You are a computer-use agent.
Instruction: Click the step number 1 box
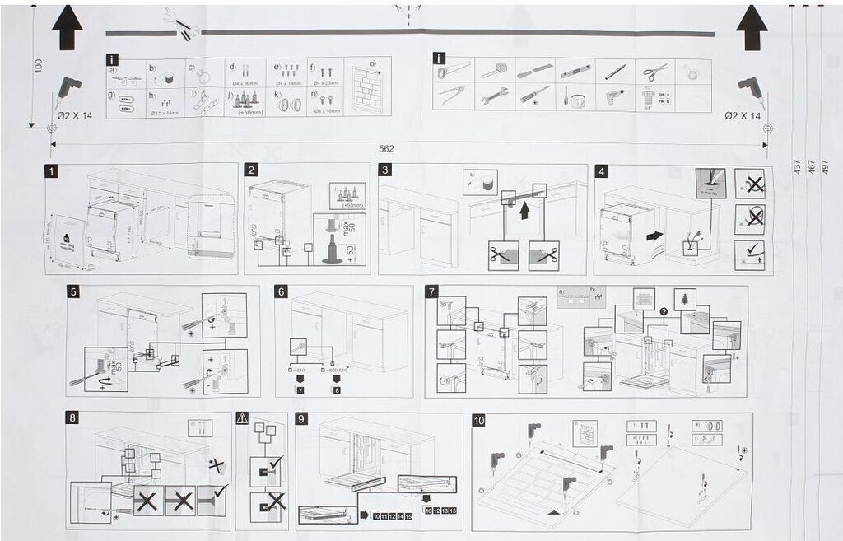click(52, 171)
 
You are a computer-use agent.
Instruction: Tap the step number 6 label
click(281, 291)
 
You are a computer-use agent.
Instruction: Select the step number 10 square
click(479, 420)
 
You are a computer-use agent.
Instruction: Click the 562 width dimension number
click(386, 149)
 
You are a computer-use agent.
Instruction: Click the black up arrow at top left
click(68, 27)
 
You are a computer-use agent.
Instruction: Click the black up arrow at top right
click(752, 27)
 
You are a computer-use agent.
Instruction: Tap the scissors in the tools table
click(655, 71)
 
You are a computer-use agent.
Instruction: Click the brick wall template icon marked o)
click(368, 86)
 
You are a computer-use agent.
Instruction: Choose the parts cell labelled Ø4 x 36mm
click(244, 72)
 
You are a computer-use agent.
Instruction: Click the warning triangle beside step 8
click(242, 418)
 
